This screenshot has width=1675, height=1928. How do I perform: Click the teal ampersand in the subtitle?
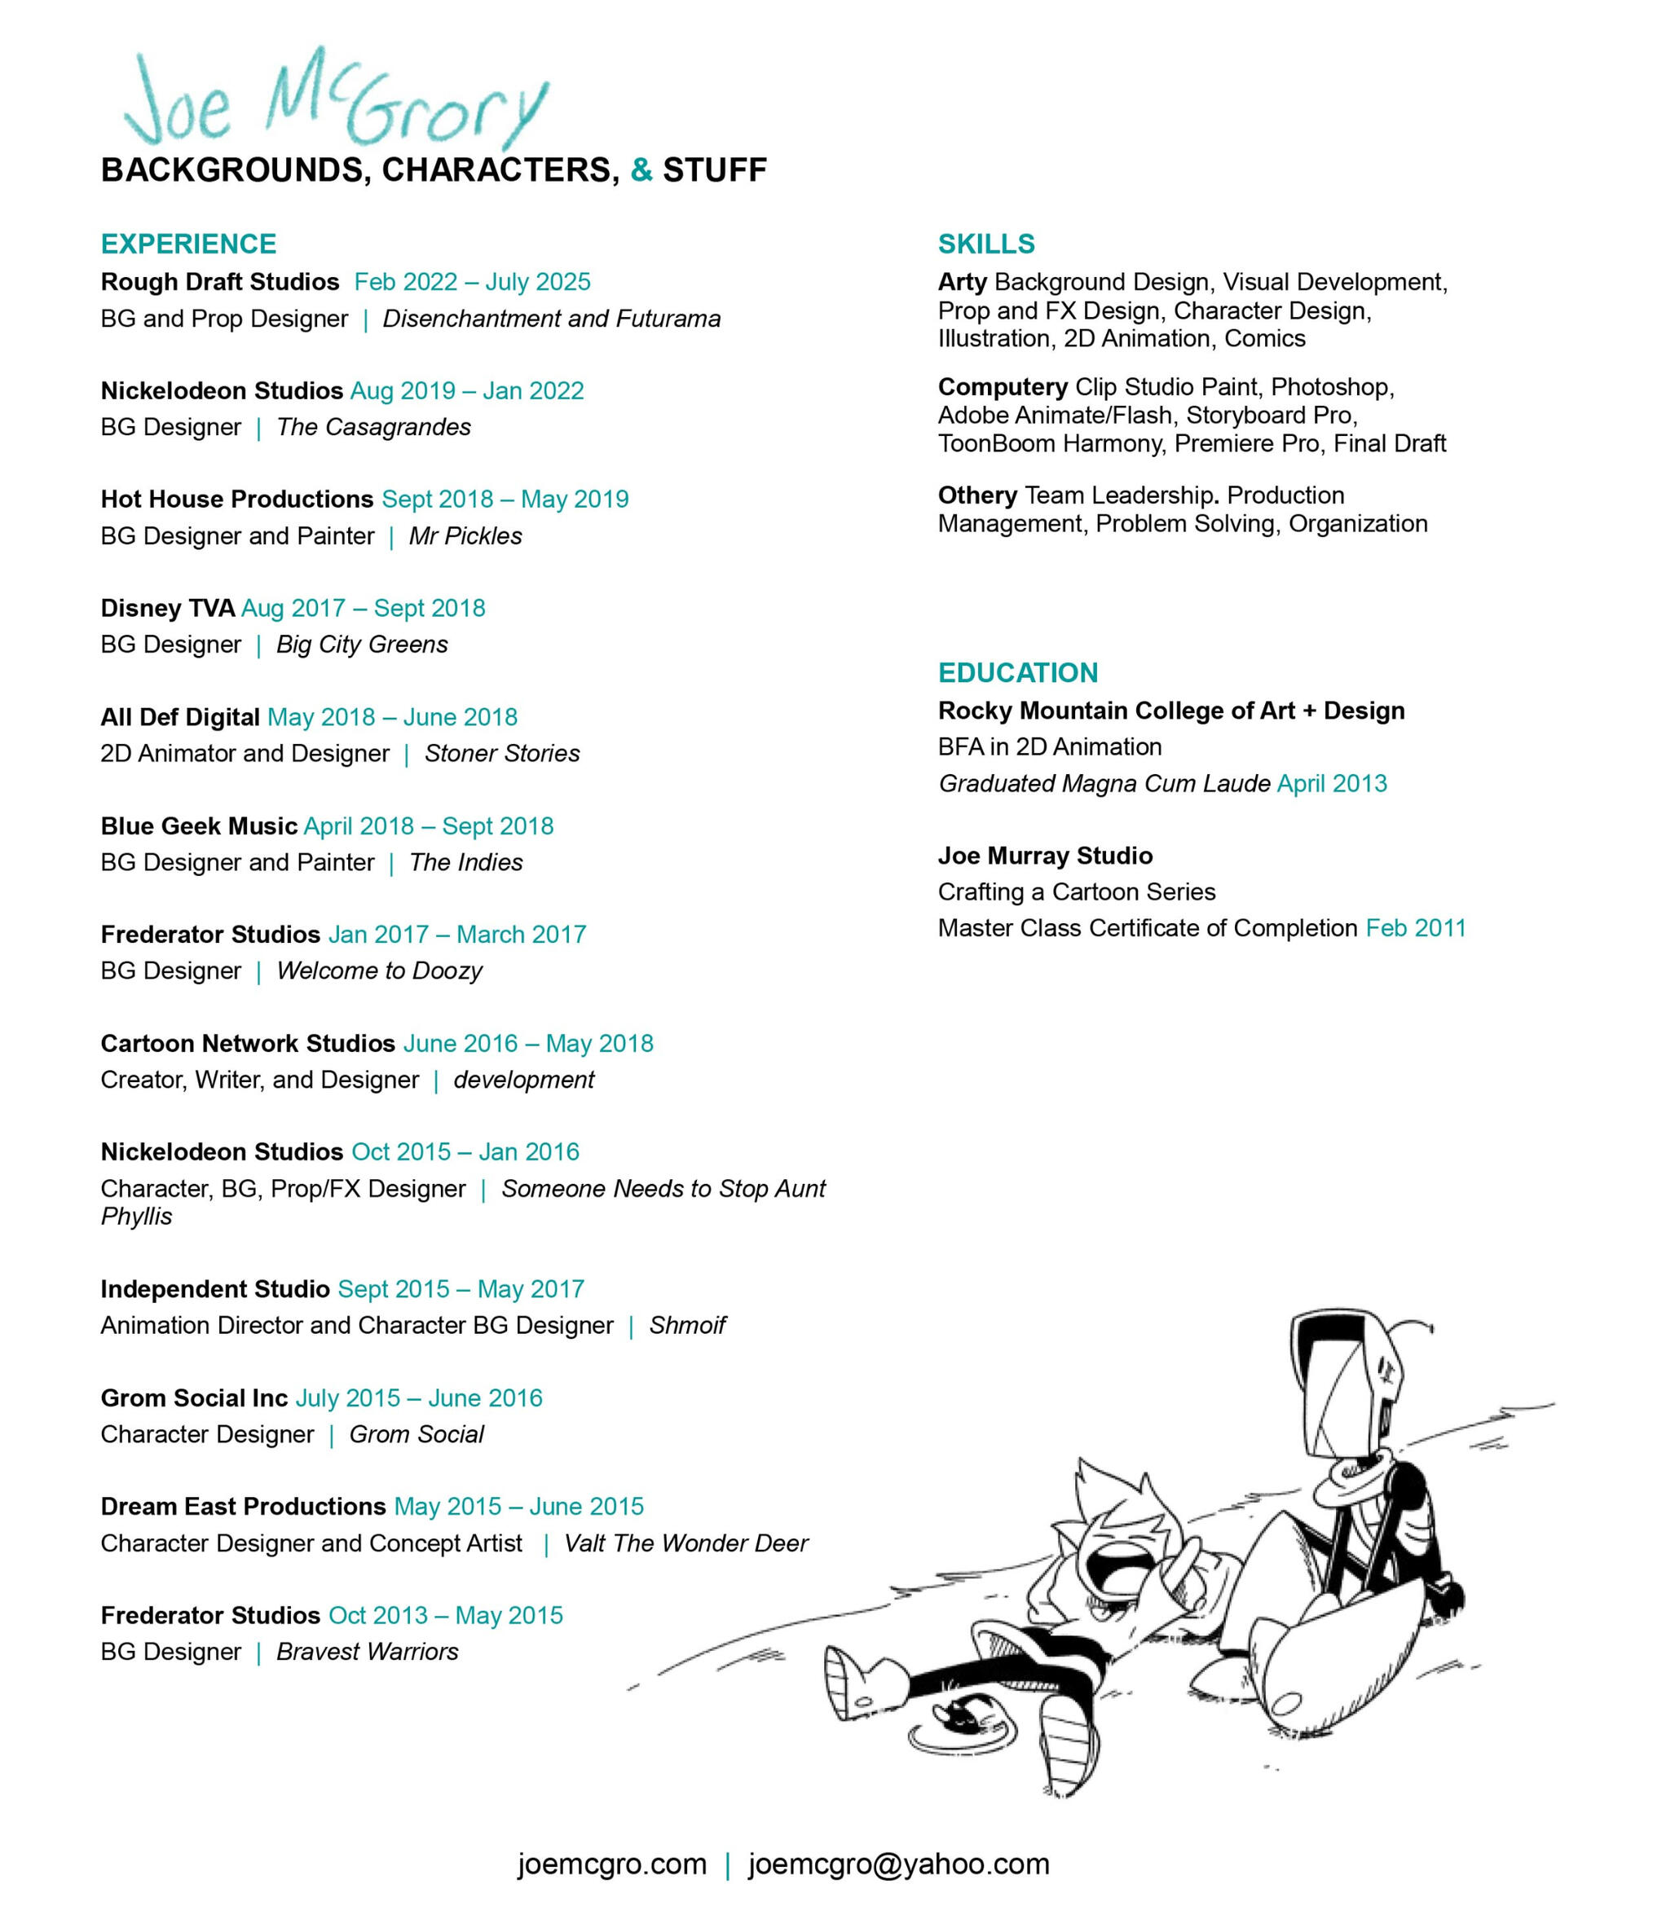(x=641, y=170)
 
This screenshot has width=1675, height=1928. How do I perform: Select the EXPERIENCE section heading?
(x=189, y=244)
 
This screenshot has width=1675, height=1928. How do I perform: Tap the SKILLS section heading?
(x=986, y=244)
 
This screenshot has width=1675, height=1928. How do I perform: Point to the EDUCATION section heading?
(x=1018, y=673)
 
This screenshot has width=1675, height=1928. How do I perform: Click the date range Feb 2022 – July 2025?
(x=472, y=282)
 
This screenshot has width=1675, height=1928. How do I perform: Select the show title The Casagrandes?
(x=374, y=427)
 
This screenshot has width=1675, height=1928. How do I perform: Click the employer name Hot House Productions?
(x=236, y=499)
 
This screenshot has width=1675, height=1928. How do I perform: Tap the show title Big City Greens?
(x=362, y=645)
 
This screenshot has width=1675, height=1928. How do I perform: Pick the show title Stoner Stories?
(x=502, y=753)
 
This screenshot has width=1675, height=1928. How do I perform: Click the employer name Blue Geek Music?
(x=199, y=826)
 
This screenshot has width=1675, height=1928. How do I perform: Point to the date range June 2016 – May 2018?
(x=528, y=1043)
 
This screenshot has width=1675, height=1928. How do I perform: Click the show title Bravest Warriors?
(x=368, y=1652)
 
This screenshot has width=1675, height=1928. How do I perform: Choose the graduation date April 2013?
(x=1332, y=783)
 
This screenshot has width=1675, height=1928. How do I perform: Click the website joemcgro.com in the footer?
(x=612, y=1864)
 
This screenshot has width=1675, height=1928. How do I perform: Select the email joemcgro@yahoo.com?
(x=898, y=1864)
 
